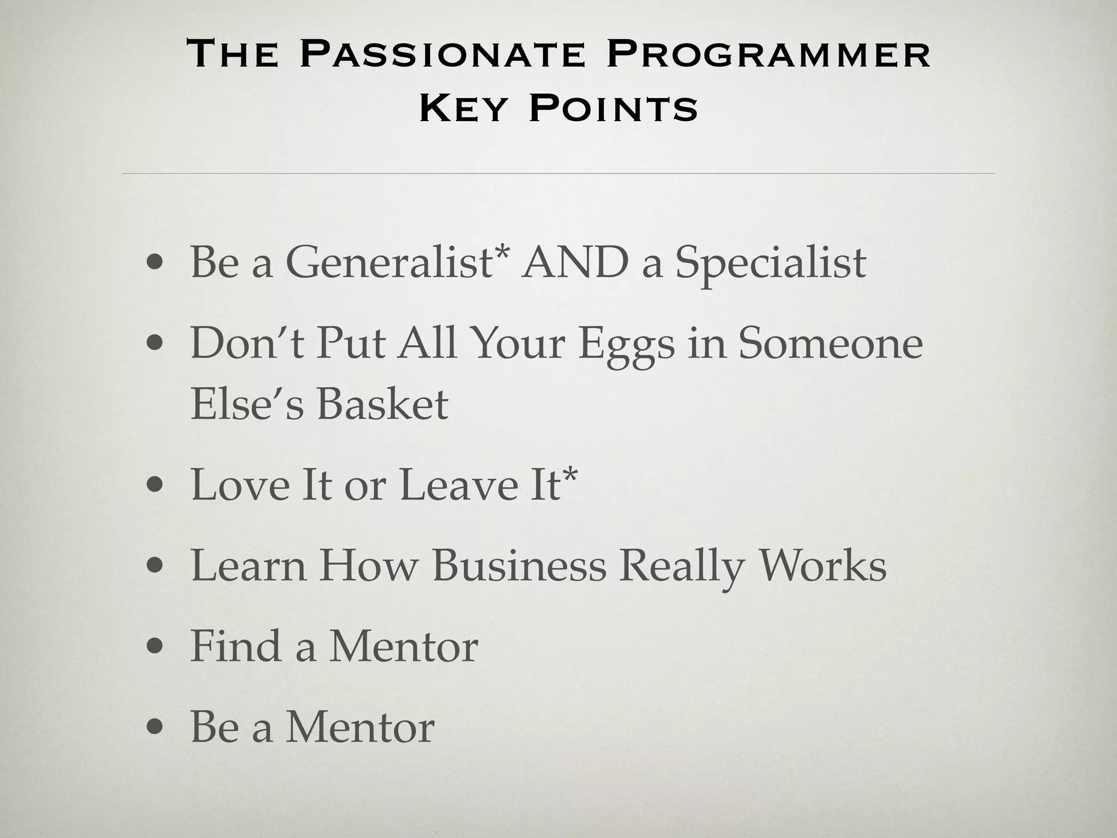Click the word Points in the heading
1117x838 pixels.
(613, 108)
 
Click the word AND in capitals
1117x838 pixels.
(574, 262)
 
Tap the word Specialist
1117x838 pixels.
(770, 262)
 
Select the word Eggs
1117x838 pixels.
(626, 345)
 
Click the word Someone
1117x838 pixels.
(830, 344)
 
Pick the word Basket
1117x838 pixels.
(382, 404)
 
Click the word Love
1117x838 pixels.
(240, 484)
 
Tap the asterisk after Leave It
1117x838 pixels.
(569, 474)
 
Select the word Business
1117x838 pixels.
(519, 566)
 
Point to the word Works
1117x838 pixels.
(823, 566)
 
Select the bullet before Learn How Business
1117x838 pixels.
(155, 566)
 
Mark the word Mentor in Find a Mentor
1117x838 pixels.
(404, 646)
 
